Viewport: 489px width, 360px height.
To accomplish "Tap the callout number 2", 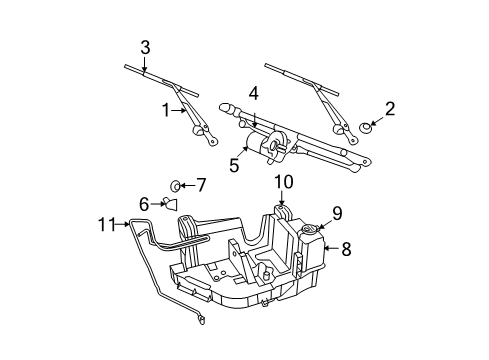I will pyautogui.click(x=390, y=108).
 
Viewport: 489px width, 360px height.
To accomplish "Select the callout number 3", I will pyautogui.click(x=145, y=47).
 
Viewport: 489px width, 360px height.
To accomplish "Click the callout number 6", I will pyautogui.click(x=144, y=203).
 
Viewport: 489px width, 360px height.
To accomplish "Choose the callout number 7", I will pyautogui.click(x=200, y=184).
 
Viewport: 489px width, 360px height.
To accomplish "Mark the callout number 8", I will pyautogui.click(x=346, y=249).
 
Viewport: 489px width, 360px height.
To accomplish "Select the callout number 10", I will pyautogui.click(x=284, y=183).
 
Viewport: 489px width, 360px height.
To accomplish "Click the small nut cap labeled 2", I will pyautogui.click(x=367, y=127).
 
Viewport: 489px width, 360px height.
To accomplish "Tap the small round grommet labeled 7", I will pyautogui.click(x=177, y=185).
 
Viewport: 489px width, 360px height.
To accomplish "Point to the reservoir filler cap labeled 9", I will pyautogui.click(x=309, y=231).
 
